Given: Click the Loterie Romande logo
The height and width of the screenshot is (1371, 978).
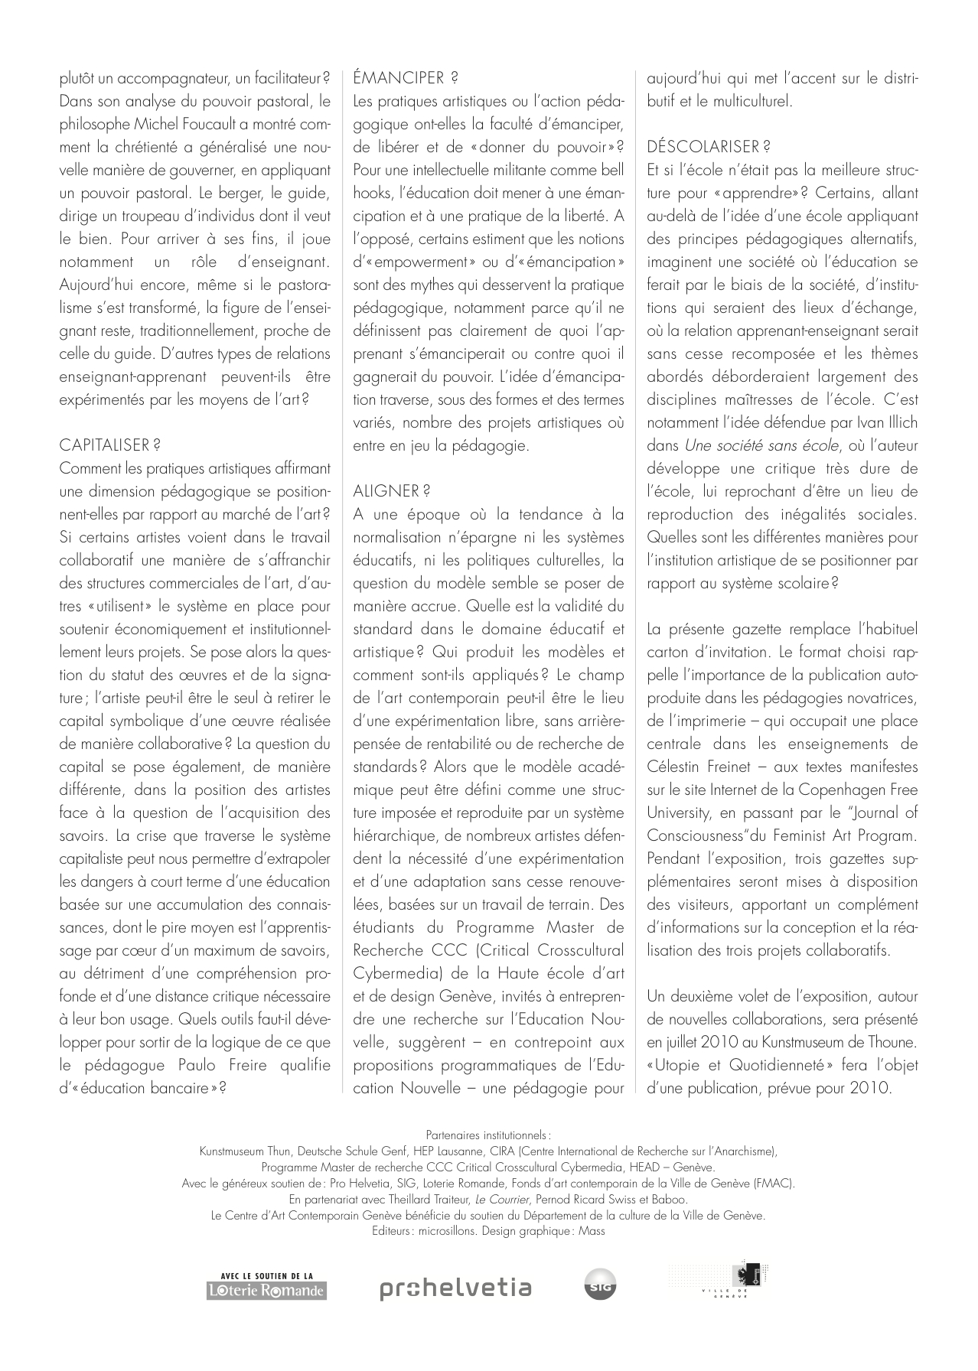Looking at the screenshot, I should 267,1286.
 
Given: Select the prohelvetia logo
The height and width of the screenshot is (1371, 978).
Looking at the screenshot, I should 455,1288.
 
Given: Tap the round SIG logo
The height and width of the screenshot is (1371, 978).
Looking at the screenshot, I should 600,1288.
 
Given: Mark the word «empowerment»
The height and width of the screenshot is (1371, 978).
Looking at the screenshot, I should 418,262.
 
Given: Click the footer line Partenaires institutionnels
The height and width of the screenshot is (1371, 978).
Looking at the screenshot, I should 488,1135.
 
